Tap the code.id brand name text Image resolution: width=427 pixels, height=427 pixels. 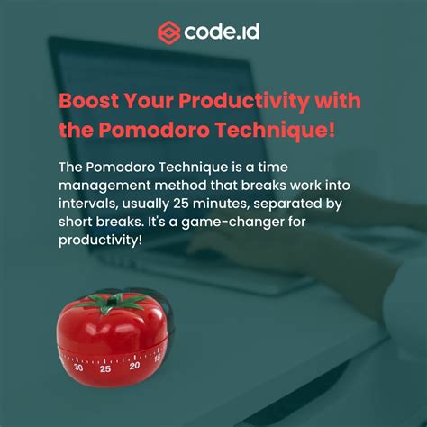pos(223,32)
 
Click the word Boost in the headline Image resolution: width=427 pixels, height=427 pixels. pos(87,99)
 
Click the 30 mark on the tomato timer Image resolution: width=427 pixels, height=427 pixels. pos(79,367)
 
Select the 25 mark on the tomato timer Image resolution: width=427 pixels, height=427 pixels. pos(105,368)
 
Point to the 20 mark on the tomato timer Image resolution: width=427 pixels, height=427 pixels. pos(134,365)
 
